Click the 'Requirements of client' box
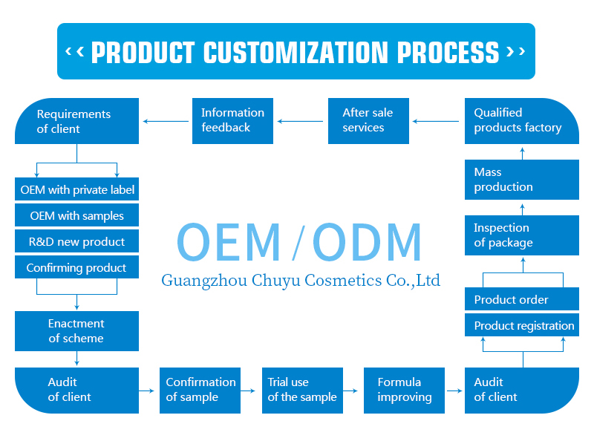click(76, 121)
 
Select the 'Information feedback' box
click(233, 120)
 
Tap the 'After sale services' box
click(368, 120)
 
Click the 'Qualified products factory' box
click(521, 120)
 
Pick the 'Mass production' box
click(521, 180)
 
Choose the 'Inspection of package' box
click(521, 235)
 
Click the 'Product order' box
click(521, 299)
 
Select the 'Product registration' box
click(521, 325)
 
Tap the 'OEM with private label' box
click(76, 189)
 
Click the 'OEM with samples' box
click(76, 216)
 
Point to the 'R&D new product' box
click(76, 242)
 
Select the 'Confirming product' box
click(76, 268)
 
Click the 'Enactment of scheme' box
click(76, 331)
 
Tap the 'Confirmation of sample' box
click(200, 390)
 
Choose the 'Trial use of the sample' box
click(302, 390)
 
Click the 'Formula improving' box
click(404, 390)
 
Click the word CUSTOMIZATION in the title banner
click(296, 53)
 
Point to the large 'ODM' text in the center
click(367, 242)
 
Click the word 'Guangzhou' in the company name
click(195, 281)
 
